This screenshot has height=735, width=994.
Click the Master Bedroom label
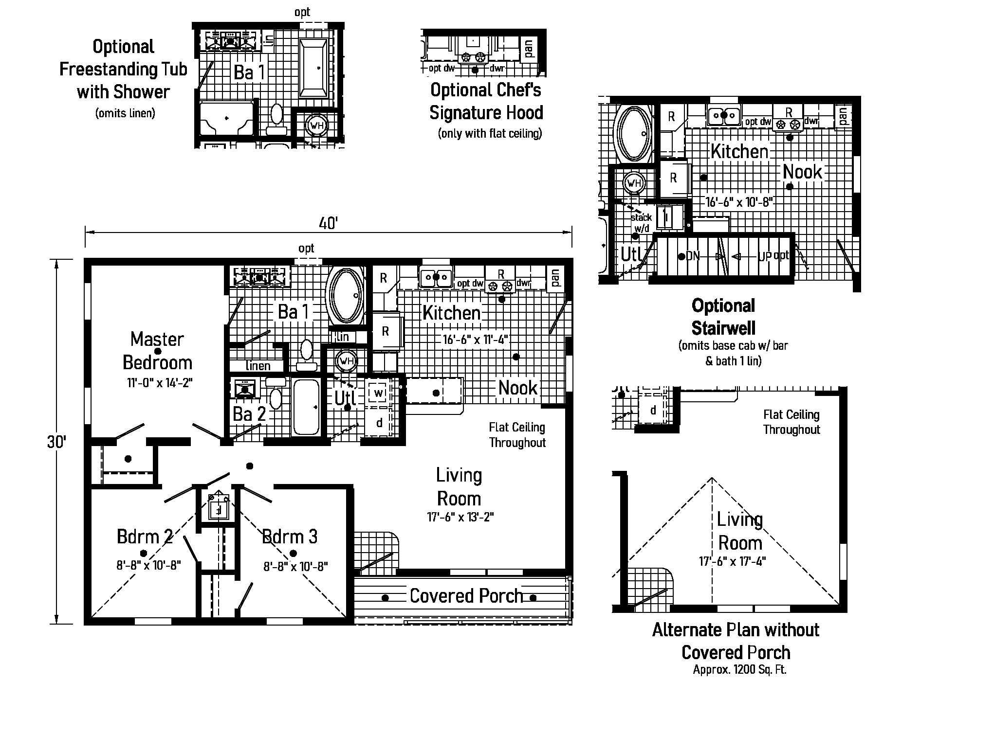(157, 351)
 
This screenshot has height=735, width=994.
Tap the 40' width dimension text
(328, 224)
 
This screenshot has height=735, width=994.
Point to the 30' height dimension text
(57, 442)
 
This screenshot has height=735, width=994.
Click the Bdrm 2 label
(145, 537)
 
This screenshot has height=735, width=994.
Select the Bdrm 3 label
(290, 537)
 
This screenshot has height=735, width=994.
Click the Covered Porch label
(466, 596)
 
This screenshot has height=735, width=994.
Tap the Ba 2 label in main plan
(249, 414)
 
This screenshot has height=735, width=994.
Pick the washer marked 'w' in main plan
(379, 392)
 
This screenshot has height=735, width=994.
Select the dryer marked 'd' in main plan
(379, 423)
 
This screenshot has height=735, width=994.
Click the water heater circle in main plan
(347, 361)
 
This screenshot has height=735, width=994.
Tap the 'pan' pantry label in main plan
(555, 278)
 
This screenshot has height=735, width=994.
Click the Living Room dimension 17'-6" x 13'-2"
(460, 517)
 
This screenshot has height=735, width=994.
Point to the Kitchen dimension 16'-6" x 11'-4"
(476, 340)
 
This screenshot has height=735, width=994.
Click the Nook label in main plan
(517, 388)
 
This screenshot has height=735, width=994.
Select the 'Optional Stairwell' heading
(723, 317)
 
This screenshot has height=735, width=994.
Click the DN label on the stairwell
(692, 256)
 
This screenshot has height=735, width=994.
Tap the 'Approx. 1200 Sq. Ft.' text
(739, 669)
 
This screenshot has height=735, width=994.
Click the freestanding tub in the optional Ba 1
(313, 69)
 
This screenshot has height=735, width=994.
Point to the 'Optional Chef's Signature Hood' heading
(486, 101)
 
